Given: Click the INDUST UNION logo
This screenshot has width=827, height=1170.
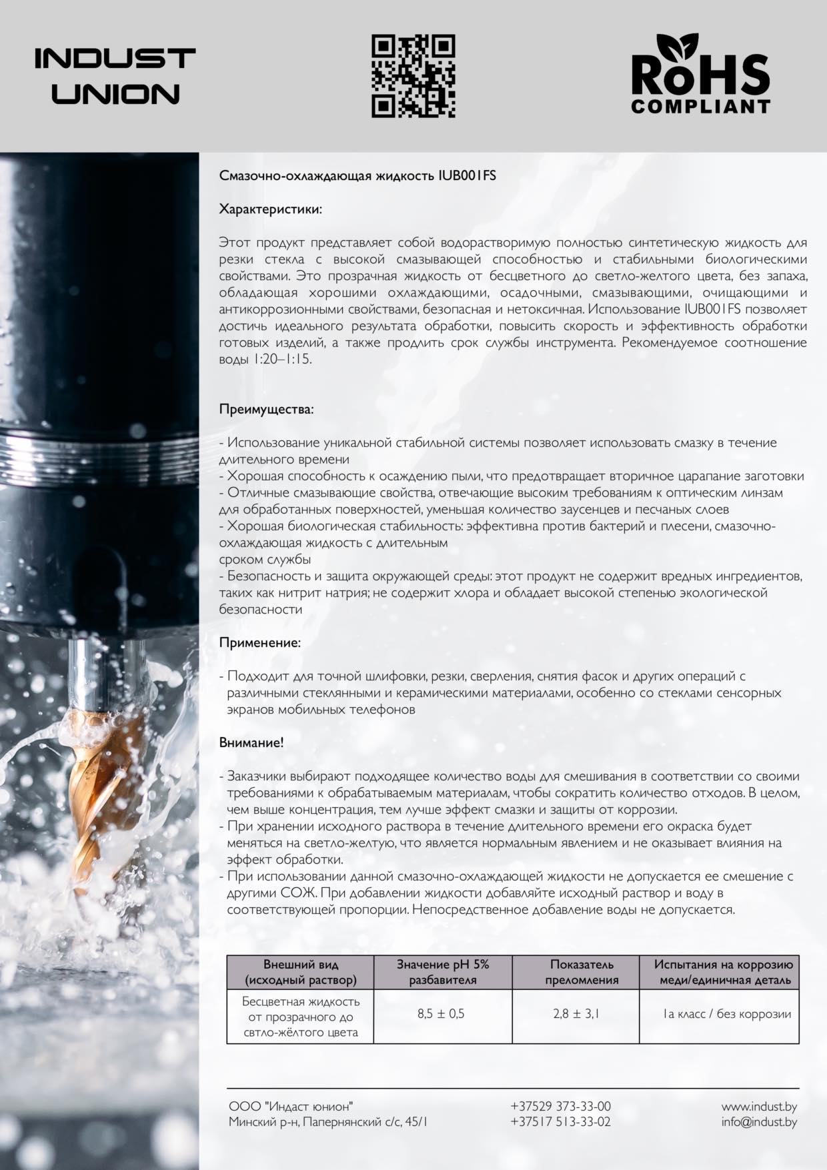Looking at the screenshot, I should (x=115, y=76).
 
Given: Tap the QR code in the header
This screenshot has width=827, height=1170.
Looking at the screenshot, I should (x=413, y=76).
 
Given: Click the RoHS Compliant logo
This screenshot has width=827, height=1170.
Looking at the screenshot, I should (x=700, y=75).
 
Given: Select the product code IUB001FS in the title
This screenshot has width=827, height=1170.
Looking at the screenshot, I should (x=467, y=176).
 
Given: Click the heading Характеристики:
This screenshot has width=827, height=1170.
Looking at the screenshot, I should (x=271, y=209).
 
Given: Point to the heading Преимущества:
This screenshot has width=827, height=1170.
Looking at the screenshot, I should (x=266, y=409).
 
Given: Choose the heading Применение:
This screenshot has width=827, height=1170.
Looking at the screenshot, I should (x=260, y=642).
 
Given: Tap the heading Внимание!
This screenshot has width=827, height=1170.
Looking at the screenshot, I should (x=251, y=742).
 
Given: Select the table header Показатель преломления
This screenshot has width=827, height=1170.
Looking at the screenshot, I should (x=582, y=972).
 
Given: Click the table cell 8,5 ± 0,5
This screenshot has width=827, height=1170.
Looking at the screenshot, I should (x=441, y=1014).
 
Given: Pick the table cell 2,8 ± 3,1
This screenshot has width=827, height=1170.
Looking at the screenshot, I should (x=576, y=1014).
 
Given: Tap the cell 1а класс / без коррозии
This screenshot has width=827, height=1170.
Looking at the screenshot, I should (x=727, y=1014).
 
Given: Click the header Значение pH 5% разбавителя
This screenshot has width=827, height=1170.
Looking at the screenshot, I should (x=443, y=972).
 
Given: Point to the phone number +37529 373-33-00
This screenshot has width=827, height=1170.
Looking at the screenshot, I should (x=560, y=1106).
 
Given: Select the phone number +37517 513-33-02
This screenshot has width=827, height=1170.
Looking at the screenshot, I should (x=560, y=1121).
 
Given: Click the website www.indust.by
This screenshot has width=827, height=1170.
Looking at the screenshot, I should (x=759, y=1106).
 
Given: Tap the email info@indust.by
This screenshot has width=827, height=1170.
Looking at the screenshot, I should (x=759, y=1121).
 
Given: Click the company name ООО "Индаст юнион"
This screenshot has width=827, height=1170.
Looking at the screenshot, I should (x=291, y=1106).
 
